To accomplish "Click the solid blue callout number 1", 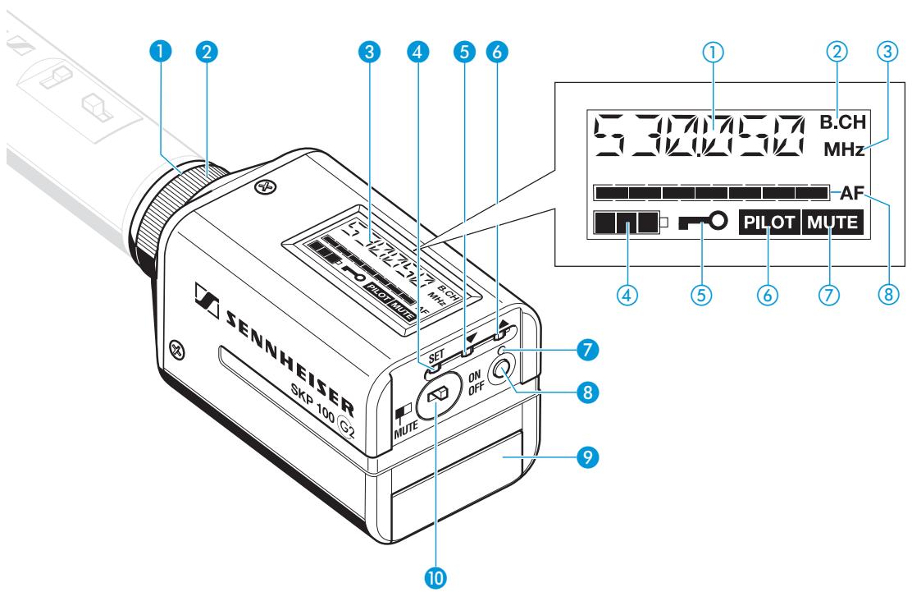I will [x=166, y=51].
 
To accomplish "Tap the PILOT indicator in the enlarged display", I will [x=768, y=222].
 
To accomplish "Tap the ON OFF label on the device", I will [x=477, y=380].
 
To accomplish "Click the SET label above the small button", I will [x=437, y=358].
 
